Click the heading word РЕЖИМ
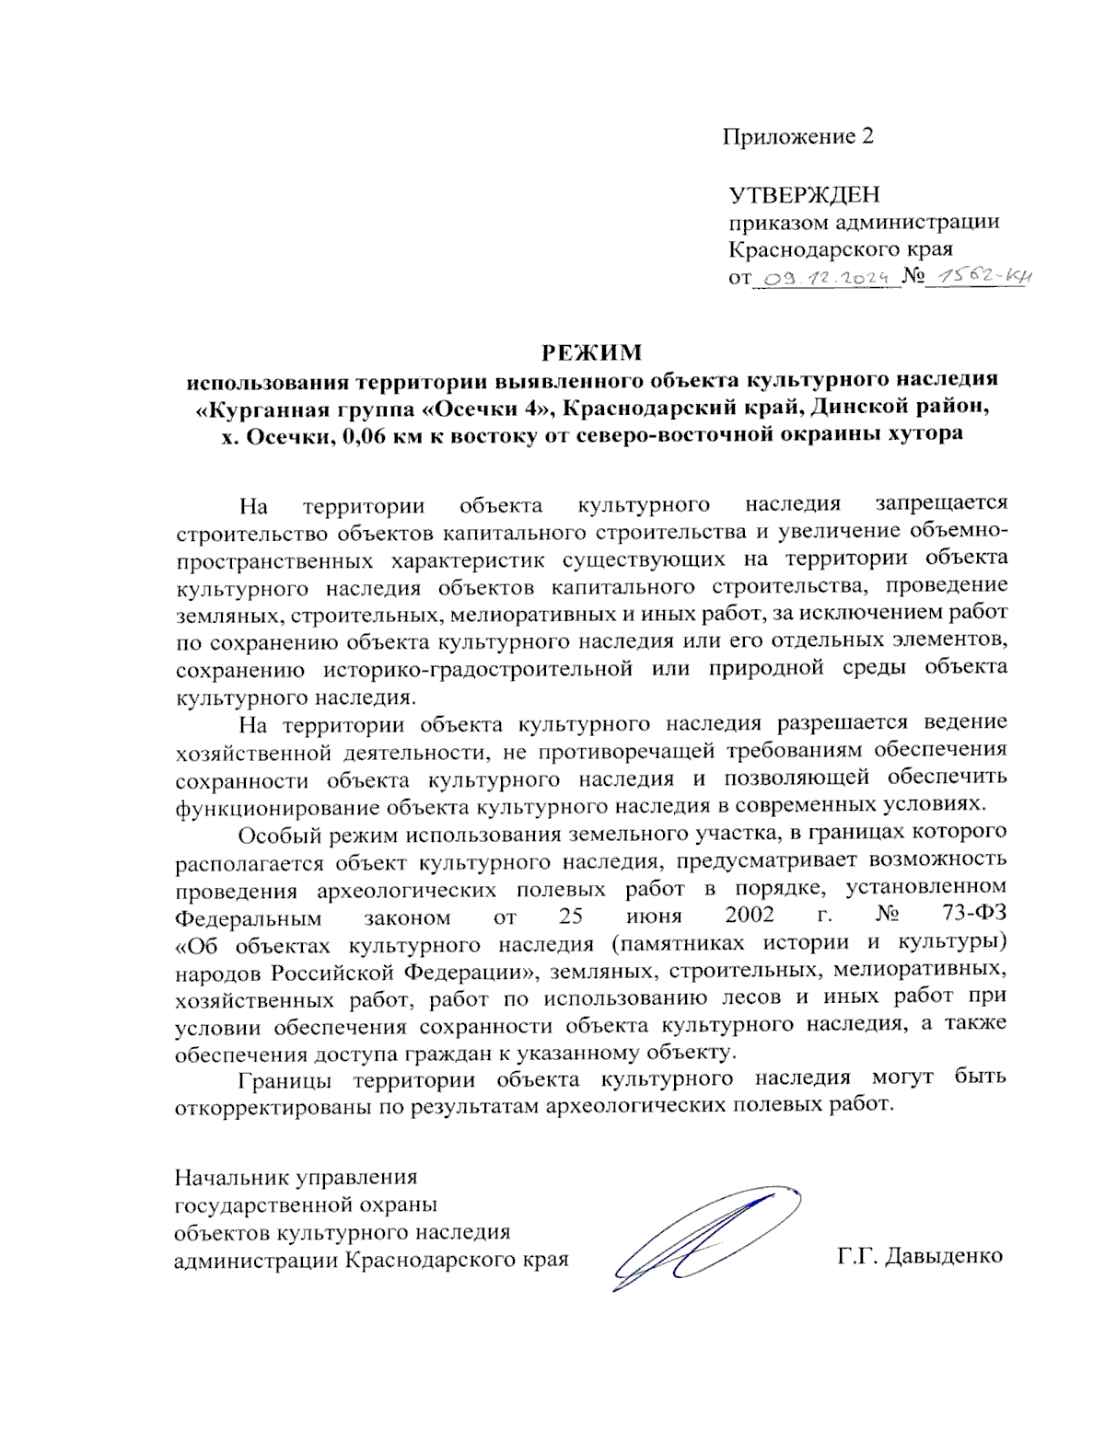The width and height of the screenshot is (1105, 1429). click(590, 352)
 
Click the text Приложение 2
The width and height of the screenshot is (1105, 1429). click(797, 137)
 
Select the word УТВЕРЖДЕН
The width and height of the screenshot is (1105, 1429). click(804, 195)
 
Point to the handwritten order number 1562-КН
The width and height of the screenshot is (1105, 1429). click(980, 276)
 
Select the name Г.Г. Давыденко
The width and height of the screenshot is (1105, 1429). click(919, 1256)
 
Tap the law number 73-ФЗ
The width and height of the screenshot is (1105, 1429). click(974, 916)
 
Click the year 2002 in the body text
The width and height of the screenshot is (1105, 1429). click(749, 916)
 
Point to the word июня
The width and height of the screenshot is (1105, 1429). click(654, 916)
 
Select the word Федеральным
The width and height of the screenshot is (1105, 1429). click(248, 917)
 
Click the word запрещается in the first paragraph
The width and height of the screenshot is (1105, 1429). click(941, 503)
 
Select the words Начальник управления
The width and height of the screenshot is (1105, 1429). click(296, 1177)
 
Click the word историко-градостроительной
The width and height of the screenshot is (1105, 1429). click(478, 669)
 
